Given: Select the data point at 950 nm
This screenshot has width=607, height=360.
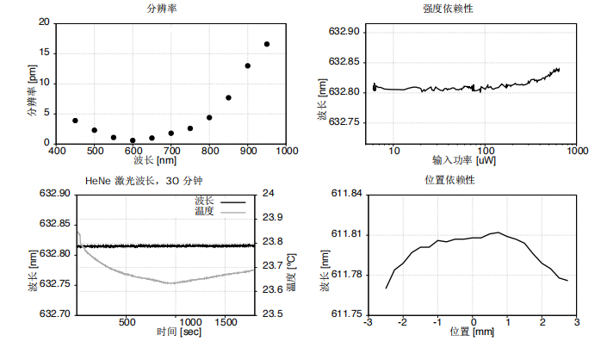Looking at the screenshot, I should [267, 44].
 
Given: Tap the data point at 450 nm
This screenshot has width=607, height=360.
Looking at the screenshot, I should [75, 121].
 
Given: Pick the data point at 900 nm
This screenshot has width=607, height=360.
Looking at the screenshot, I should [248, 65].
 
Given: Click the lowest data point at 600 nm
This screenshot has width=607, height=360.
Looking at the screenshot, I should [133, 140].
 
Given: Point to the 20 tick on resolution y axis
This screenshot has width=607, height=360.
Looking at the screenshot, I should [44, 22].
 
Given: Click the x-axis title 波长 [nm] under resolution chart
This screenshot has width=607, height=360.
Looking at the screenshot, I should [155, 160].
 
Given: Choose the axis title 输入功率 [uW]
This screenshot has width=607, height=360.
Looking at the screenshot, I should [463, 161].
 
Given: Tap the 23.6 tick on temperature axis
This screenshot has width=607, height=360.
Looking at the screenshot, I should [272, 289].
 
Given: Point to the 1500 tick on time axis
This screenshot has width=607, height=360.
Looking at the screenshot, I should [226, 322].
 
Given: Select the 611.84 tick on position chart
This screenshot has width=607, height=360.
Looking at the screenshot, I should [345, 193].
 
